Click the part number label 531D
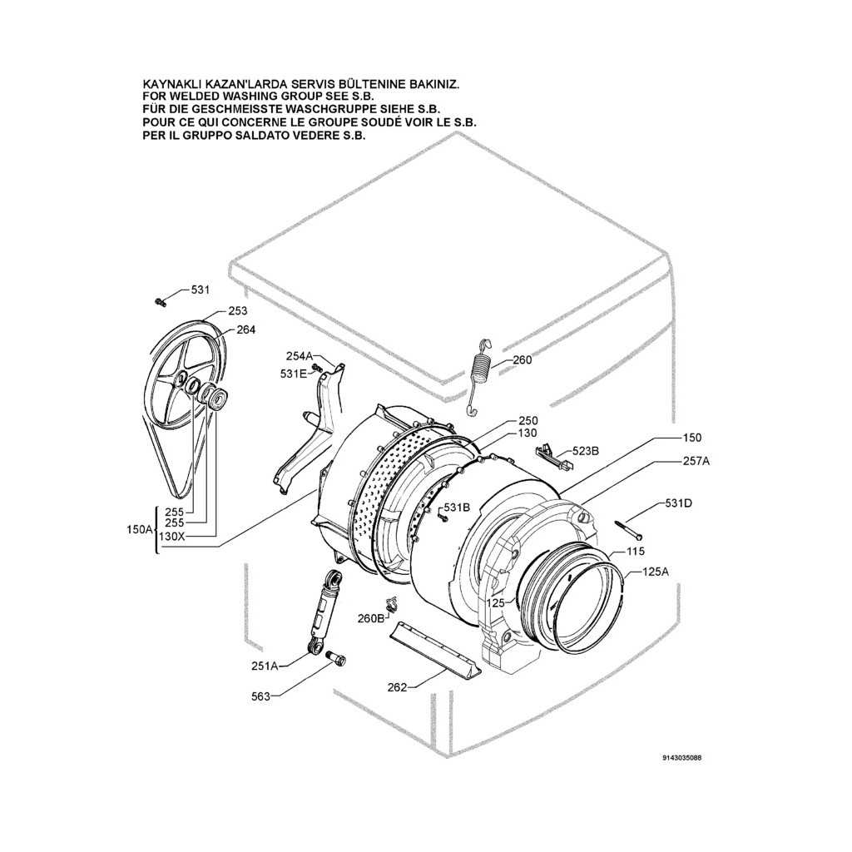tap(678, 503)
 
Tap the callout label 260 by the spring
tap(522, 360)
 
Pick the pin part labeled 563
tap(337, 659)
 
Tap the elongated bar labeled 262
tap(433, 646)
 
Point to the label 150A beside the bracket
tap(138, 529)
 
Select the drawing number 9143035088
tap(687, 758)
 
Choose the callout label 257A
tap(696, 460)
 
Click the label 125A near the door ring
tap(656, 572)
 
